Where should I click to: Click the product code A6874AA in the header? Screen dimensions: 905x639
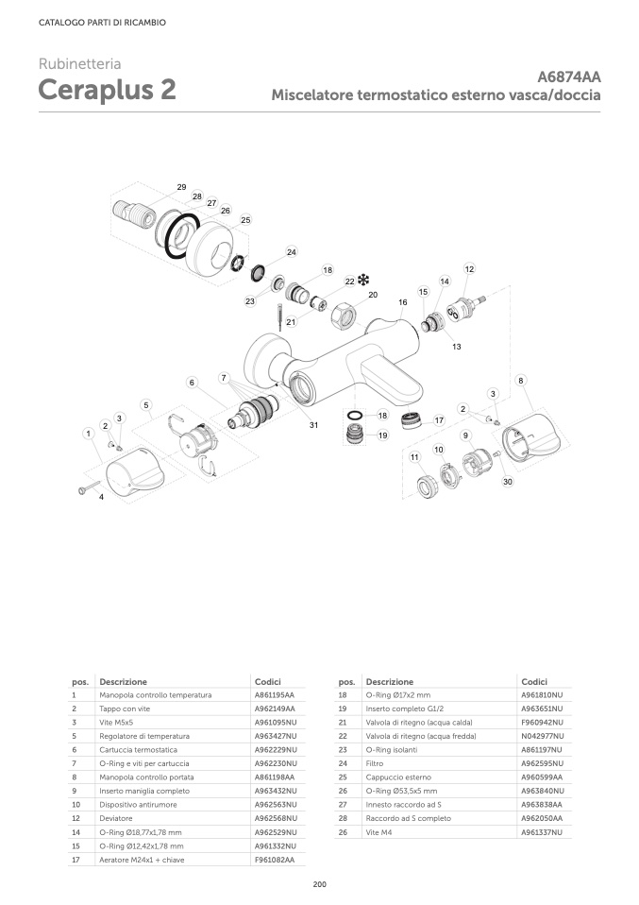(x=569, y=77)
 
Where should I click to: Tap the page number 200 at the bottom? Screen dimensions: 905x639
(x=319, y=884)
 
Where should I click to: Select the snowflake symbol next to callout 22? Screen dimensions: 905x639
(x=363, y=280)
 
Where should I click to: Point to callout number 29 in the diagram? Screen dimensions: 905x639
(x=181, y=187)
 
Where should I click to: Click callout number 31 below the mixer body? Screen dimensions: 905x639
(x=314, y=425)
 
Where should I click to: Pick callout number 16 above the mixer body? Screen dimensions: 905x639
(x=402, y=302)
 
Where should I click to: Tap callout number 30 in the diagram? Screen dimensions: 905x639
(x=507, y=482)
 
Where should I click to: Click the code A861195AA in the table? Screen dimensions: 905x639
(x=275, y=695)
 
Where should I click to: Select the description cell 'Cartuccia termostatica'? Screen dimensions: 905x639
(x=132, y=749)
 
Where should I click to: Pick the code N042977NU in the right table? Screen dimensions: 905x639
(x=542, y=736)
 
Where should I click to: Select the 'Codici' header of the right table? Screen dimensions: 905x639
(x=533, y=681)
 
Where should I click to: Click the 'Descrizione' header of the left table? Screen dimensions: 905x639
(x=123, y=681)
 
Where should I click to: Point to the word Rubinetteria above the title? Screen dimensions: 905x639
(x=79, y=64)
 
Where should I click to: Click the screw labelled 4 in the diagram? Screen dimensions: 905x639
(x=86, y=488)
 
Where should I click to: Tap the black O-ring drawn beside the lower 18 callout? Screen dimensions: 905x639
(x=355, y=415)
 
